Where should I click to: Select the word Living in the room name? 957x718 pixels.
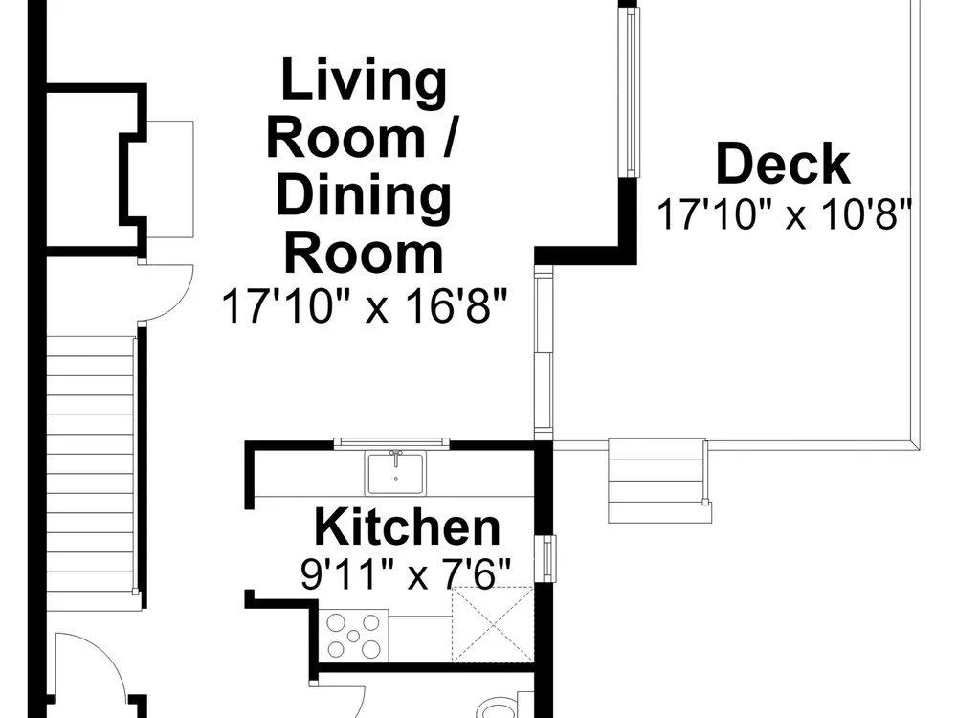point(364,81)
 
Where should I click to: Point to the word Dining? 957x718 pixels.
point(364,195)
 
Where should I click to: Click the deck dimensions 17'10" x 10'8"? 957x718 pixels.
point(784,213)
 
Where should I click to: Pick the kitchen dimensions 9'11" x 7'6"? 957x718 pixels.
point(405,573)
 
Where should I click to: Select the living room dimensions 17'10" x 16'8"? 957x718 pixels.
point(365,305)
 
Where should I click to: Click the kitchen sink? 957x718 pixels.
point(396,473)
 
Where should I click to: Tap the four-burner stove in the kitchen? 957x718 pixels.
point(353,636)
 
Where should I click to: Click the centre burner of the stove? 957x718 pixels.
point(353,637)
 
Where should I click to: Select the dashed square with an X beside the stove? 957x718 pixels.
point(492,624)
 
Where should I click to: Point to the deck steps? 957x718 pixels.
point(659,481)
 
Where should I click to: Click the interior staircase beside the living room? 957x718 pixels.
point(90,465)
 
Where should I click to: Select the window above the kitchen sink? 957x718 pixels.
point(391,443)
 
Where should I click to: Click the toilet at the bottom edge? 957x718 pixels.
point(498,707)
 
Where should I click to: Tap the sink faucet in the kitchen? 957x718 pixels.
point(396,456)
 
